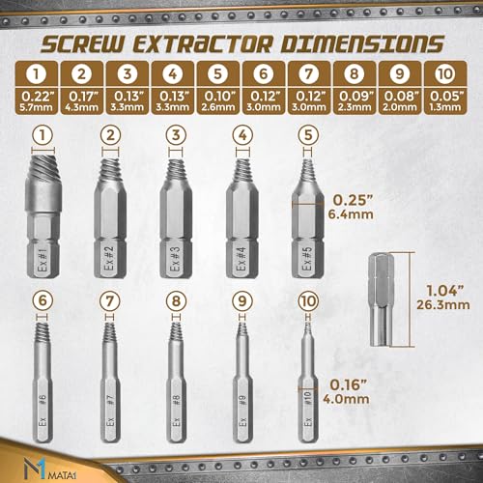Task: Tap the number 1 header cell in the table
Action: [x=38, y=72]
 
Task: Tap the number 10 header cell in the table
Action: [x=444, y=72]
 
